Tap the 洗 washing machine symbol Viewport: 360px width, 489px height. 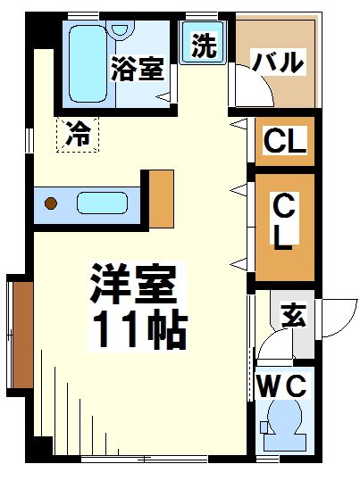(x=205, y=46)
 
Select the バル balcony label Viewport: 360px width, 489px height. (x=277, y=63)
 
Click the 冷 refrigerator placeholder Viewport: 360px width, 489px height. (x=78, y=136)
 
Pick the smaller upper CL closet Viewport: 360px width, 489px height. (x=285, y=141)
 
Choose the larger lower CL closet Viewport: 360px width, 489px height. (x=284, y=226)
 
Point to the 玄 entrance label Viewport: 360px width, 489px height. (x=292, y=315)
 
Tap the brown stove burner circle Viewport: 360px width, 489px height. (x=51, y=203)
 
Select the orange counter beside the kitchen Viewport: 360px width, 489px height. (x=162, y=196)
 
